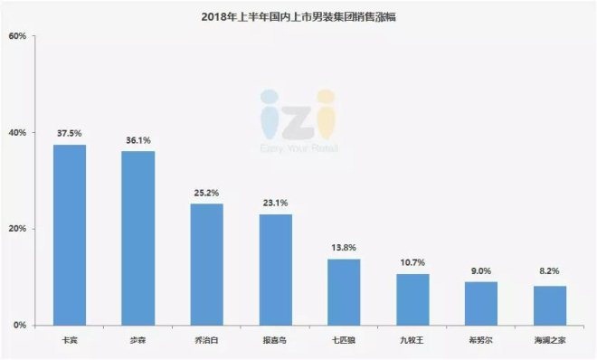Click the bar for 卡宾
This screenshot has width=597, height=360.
tap(70, 235)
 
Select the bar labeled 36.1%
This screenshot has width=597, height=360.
tap(138, 238)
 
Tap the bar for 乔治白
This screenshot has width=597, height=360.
tap(207, 264)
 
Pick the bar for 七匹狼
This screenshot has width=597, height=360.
tap(344, 291)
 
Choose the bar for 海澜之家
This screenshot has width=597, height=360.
tap(550, 305)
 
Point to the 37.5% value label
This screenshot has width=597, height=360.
tap(70, 134)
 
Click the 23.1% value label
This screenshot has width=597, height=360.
tap(275, 204)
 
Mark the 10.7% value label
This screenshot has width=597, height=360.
tap(412, 263)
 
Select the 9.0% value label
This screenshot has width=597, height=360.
tap(481, 270)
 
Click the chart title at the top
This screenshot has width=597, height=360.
tap(298, 14)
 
